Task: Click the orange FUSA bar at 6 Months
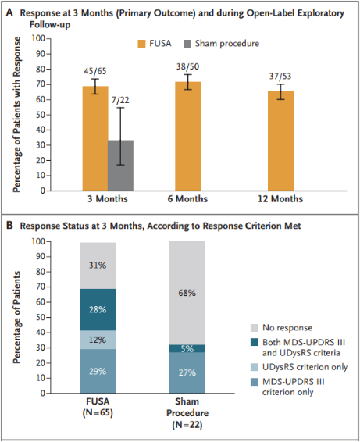[x=187, y=136]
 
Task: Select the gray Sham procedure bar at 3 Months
[x=121, y=166]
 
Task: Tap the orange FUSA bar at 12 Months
[x=280, y=141]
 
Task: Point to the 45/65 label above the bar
[x=95, y=71]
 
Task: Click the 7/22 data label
[x=120, y=100]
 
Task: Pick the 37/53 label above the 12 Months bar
[x=280, y=76]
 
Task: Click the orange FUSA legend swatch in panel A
[x=141, y=44]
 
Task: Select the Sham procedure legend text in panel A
[x=227, y=44]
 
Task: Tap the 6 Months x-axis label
[x=187, y=198]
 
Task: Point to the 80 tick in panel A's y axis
[x=41, y=69]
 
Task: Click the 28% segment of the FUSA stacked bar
[x=98, y=309]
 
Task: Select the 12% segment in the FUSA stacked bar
[x=98, y=340]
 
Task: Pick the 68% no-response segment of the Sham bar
[x=187, y=293]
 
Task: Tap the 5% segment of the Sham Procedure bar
[x=187, y=348]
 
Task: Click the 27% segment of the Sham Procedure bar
[x=187, y=372]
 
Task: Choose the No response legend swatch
[x=255, y=328]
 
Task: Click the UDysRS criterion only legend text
[x=305, y=367]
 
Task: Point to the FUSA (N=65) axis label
[x=98, y=407]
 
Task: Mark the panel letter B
[x=9, y=226]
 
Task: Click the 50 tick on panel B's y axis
[x=41, y=317]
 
